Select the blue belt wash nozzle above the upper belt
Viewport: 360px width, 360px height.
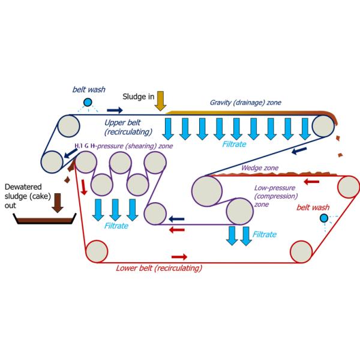point(88,103)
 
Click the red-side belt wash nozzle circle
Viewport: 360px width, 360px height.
point(325,218)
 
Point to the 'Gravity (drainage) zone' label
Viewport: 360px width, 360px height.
point(246,103)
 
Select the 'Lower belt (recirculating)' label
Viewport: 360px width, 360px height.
point(158,268)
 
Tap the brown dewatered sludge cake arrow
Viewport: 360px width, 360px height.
point(58,202)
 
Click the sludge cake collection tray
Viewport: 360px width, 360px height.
point(44,221)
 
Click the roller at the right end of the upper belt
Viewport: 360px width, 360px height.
point(324,126)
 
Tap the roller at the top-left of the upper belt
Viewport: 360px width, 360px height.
point(67,125)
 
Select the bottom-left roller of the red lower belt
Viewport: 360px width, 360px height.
point(95,248)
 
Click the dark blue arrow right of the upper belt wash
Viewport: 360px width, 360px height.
point(115,110)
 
